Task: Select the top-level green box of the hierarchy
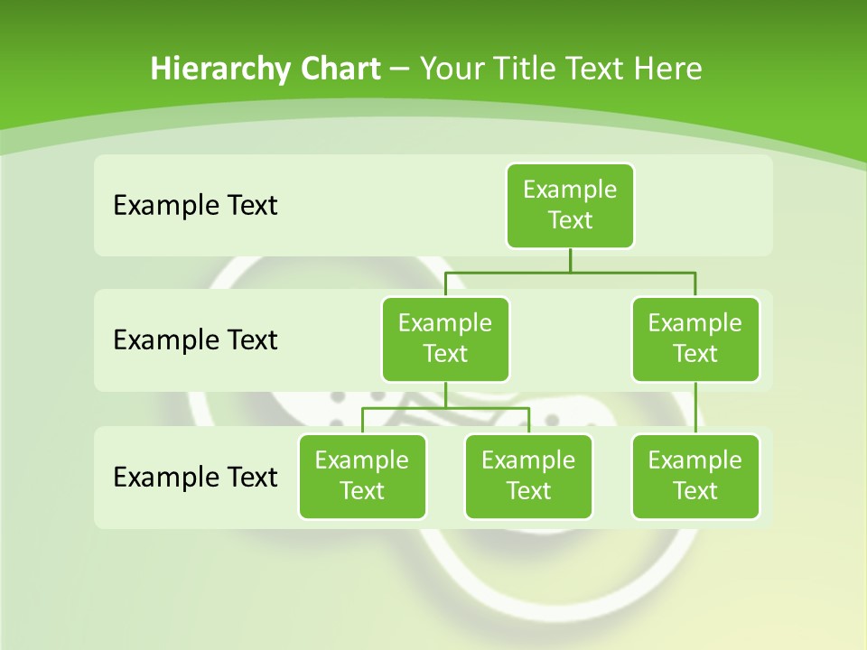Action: [570, 205]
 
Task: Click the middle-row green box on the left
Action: [445, 339]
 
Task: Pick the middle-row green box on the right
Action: [695, 339]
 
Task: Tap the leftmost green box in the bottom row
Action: [362, 476]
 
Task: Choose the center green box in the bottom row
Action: [528, 476]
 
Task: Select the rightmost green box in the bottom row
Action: [695, 476]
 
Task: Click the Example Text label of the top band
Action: [195, 205]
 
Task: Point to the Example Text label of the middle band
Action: [195, 339]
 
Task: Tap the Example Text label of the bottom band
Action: [195, 477]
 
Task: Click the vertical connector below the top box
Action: [570, 260]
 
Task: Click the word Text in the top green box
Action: [570, 220]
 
